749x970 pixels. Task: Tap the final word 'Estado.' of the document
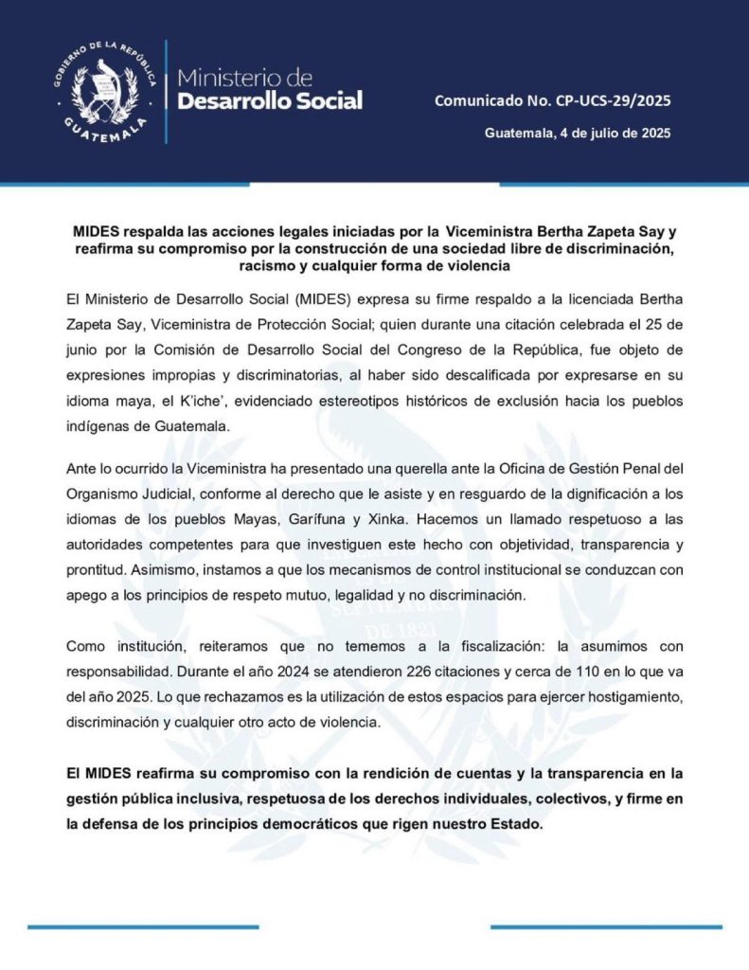515,824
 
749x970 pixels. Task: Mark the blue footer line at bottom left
129,926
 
